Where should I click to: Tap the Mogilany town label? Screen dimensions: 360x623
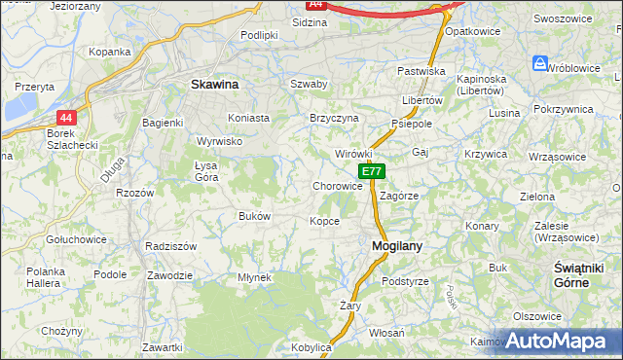397,247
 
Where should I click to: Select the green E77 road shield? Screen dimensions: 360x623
372,171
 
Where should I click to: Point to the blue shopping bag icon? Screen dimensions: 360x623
540,63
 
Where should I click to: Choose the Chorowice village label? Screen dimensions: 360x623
338,186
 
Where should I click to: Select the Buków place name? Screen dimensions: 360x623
254,216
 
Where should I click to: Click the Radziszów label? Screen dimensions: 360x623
170,246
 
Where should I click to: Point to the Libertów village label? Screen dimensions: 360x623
421,100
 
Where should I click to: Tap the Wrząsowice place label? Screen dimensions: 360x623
556,155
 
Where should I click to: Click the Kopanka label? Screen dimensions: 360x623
109,52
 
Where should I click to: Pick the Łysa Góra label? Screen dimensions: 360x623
206,170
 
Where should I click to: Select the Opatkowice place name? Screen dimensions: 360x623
472,31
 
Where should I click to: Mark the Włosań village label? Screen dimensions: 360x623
386,332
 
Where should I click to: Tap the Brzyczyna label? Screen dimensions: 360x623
334,118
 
